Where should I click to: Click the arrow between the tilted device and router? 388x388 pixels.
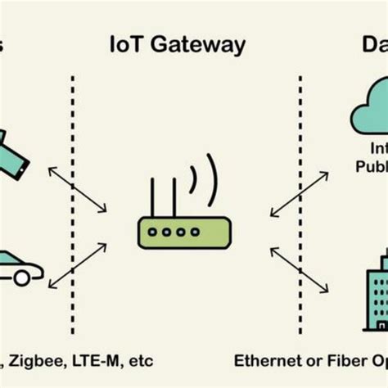77,189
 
